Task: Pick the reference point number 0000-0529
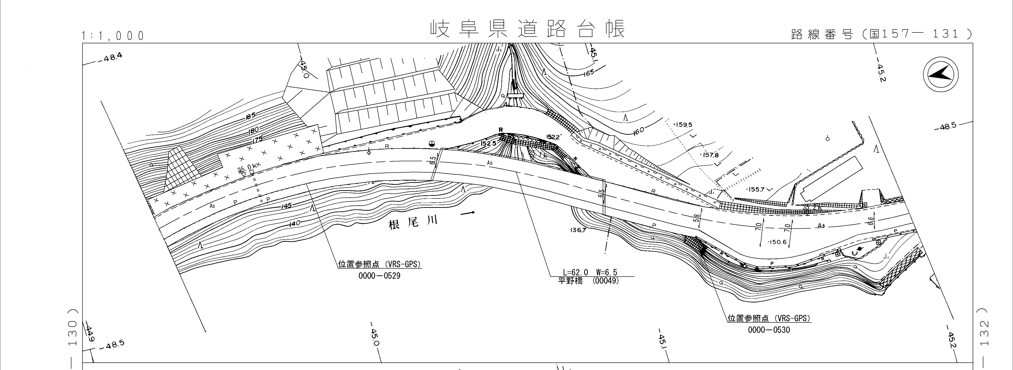pyautogui.click(x=379, y=276)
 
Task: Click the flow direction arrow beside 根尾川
pyautogui.click(x=468, y=213)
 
